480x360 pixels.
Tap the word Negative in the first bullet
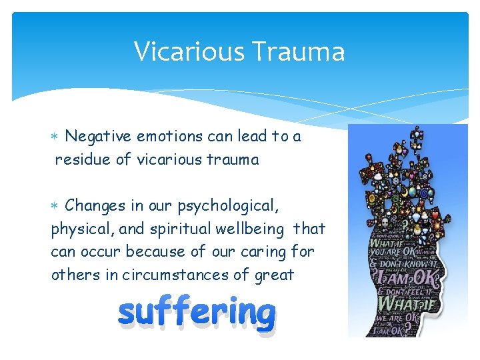(x=99, y=137)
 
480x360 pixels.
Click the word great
(x=274, y=275)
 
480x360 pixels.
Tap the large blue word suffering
(x=197, y=313)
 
